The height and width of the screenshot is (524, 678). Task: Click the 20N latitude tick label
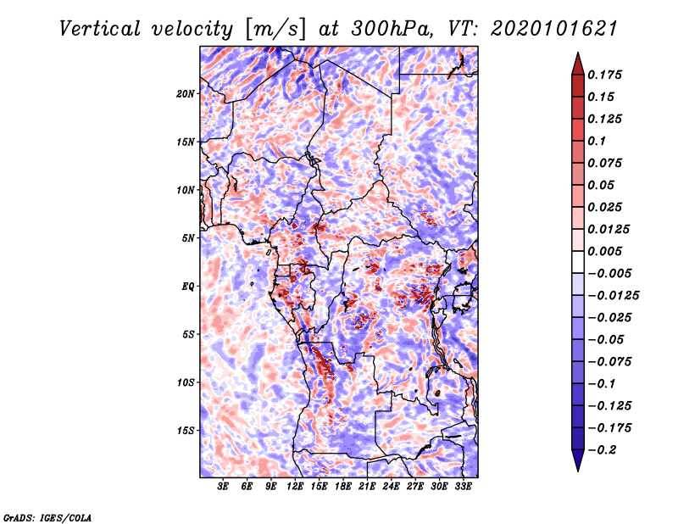tap(186, 93)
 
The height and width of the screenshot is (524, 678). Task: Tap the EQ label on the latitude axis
tap(188, 286)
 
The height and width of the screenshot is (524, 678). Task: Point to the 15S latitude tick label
tap(186, 431)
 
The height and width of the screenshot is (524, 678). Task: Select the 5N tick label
tap(188, 238)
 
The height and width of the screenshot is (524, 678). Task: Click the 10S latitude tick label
tap(186, 382)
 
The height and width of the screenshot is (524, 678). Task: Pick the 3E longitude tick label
tap(223, 487)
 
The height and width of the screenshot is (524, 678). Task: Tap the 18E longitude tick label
tap(343, 487)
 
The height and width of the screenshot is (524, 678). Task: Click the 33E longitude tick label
tap(463, 487)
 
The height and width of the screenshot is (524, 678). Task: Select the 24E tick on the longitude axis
tap(391, 487)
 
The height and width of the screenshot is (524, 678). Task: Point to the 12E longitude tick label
tap(295, 487)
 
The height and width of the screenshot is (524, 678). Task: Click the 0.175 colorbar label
tap(605, 75)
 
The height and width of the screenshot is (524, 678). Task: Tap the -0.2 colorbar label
tap(602, 450)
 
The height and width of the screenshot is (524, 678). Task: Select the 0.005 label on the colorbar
tap(605, 251)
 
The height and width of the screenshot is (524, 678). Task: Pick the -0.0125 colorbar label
tap(613, 296)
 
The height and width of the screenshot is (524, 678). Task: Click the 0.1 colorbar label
tap(597, 141)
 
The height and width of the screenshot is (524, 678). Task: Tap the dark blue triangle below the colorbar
tap(578, 459)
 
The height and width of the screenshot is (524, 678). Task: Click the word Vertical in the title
tap(100, 29)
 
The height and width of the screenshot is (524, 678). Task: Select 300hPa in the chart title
tap(392, 29)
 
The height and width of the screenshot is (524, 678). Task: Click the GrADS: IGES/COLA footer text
tap(47, 517)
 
